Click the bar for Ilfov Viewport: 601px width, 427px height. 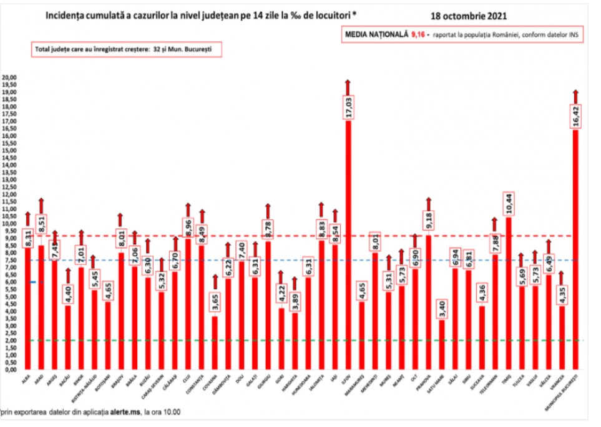[348, 250]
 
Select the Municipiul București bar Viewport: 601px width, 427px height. [575, 250]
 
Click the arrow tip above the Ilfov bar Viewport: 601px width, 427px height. [348, 81]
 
